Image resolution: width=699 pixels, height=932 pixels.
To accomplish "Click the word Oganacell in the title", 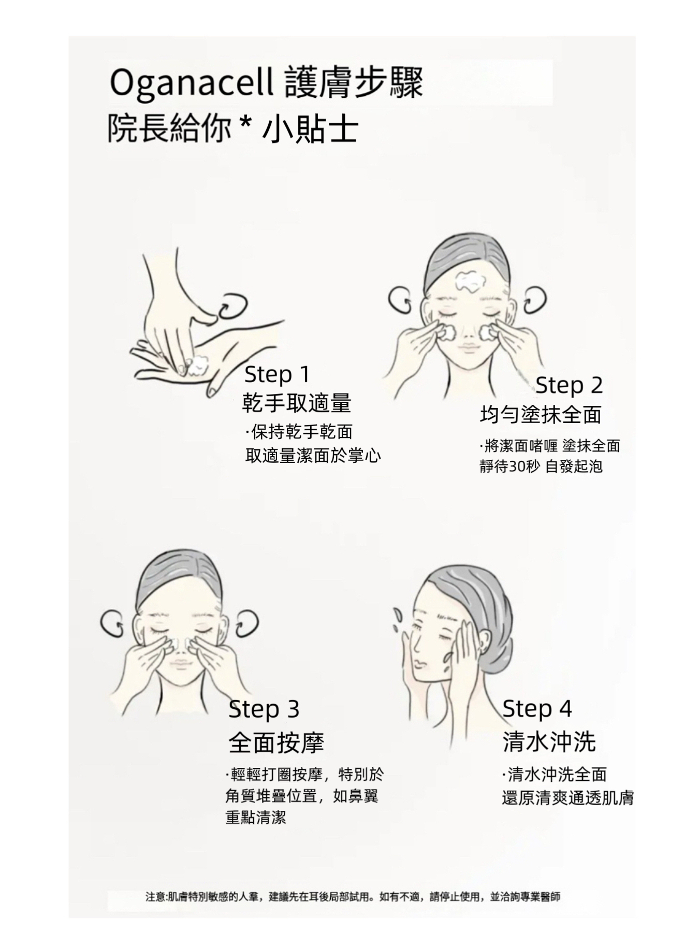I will pos(192,83).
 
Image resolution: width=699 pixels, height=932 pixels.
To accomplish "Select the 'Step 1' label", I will pos(276,374).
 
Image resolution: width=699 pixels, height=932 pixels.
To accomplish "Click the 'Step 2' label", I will pos(569,385).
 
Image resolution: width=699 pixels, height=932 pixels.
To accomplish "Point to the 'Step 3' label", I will pos(264,709).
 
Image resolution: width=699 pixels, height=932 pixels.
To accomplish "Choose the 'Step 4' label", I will pos(537,708).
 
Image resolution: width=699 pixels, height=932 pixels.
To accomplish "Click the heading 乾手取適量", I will pos(297,403).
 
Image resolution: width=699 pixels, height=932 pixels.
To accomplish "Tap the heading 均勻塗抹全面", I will pos(541,415).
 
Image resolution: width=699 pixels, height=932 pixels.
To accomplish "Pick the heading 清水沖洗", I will pos(549,742).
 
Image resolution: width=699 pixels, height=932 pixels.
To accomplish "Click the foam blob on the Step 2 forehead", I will pos(470,280).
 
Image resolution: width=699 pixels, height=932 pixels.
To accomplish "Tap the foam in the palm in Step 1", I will pos(196,366).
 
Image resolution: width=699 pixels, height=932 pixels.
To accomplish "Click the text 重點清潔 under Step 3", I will pos(256,818).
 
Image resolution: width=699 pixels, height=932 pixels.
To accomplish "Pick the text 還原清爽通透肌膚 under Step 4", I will pos(567,798).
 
